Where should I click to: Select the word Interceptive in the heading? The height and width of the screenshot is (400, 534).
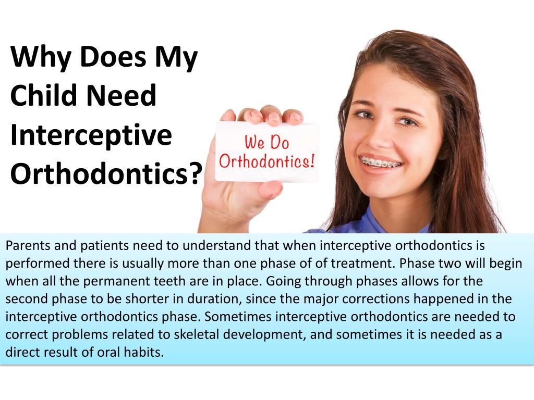point(91,135)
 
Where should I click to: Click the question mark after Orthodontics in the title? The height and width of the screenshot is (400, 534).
point(195,173)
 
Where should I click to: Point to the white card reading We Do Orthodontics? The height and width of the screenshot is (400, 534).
point(266,152)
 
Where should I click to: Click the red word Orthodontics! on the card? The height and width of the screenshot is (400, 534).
point(266,161)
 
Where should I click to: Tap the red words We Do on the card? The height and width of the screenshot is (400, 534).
point(266,142)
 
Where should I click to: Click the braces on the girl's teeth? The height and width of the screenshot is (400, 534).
point(382,163)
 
